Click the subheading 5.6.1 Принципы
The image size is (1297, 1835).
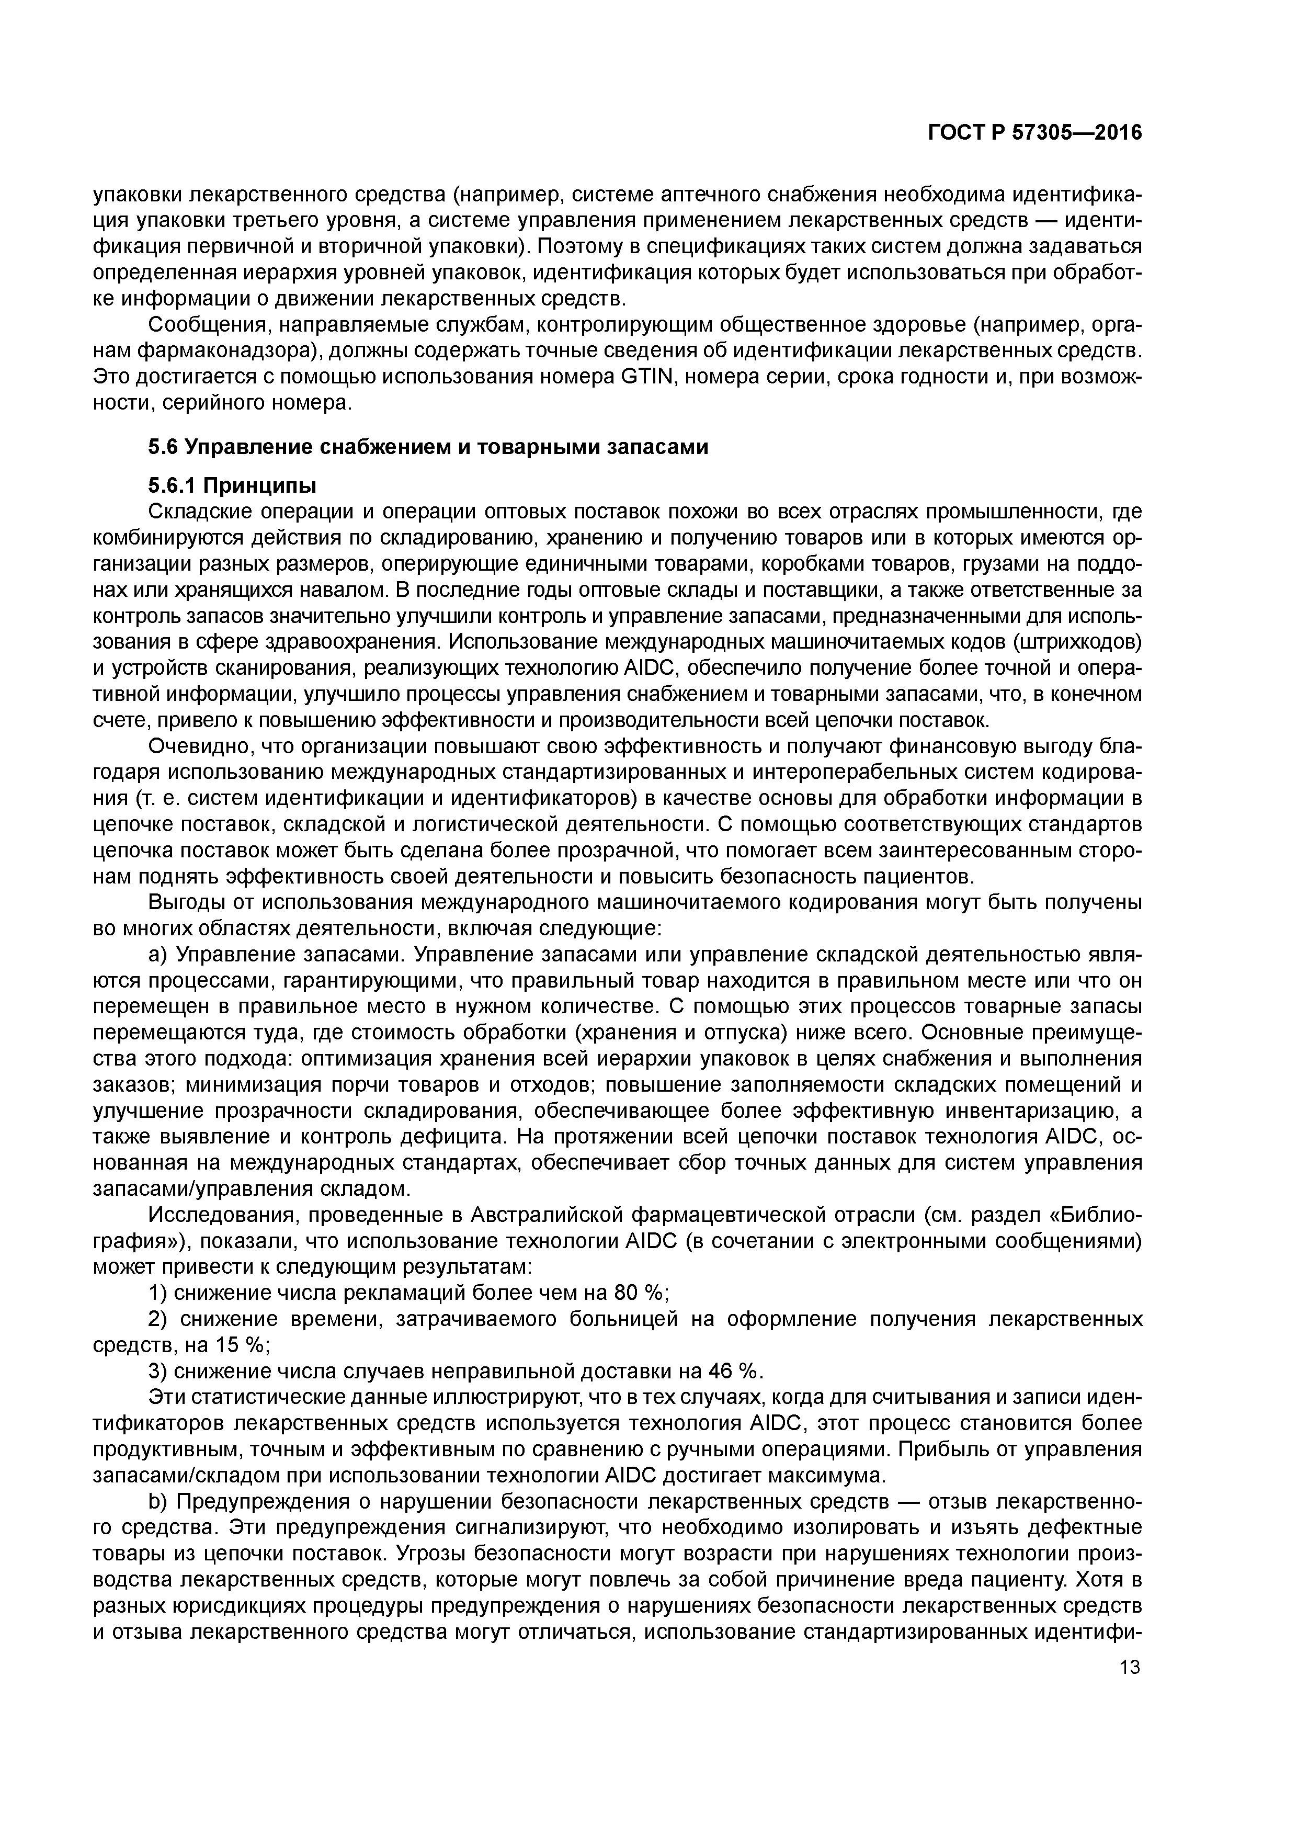(232, 485)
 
